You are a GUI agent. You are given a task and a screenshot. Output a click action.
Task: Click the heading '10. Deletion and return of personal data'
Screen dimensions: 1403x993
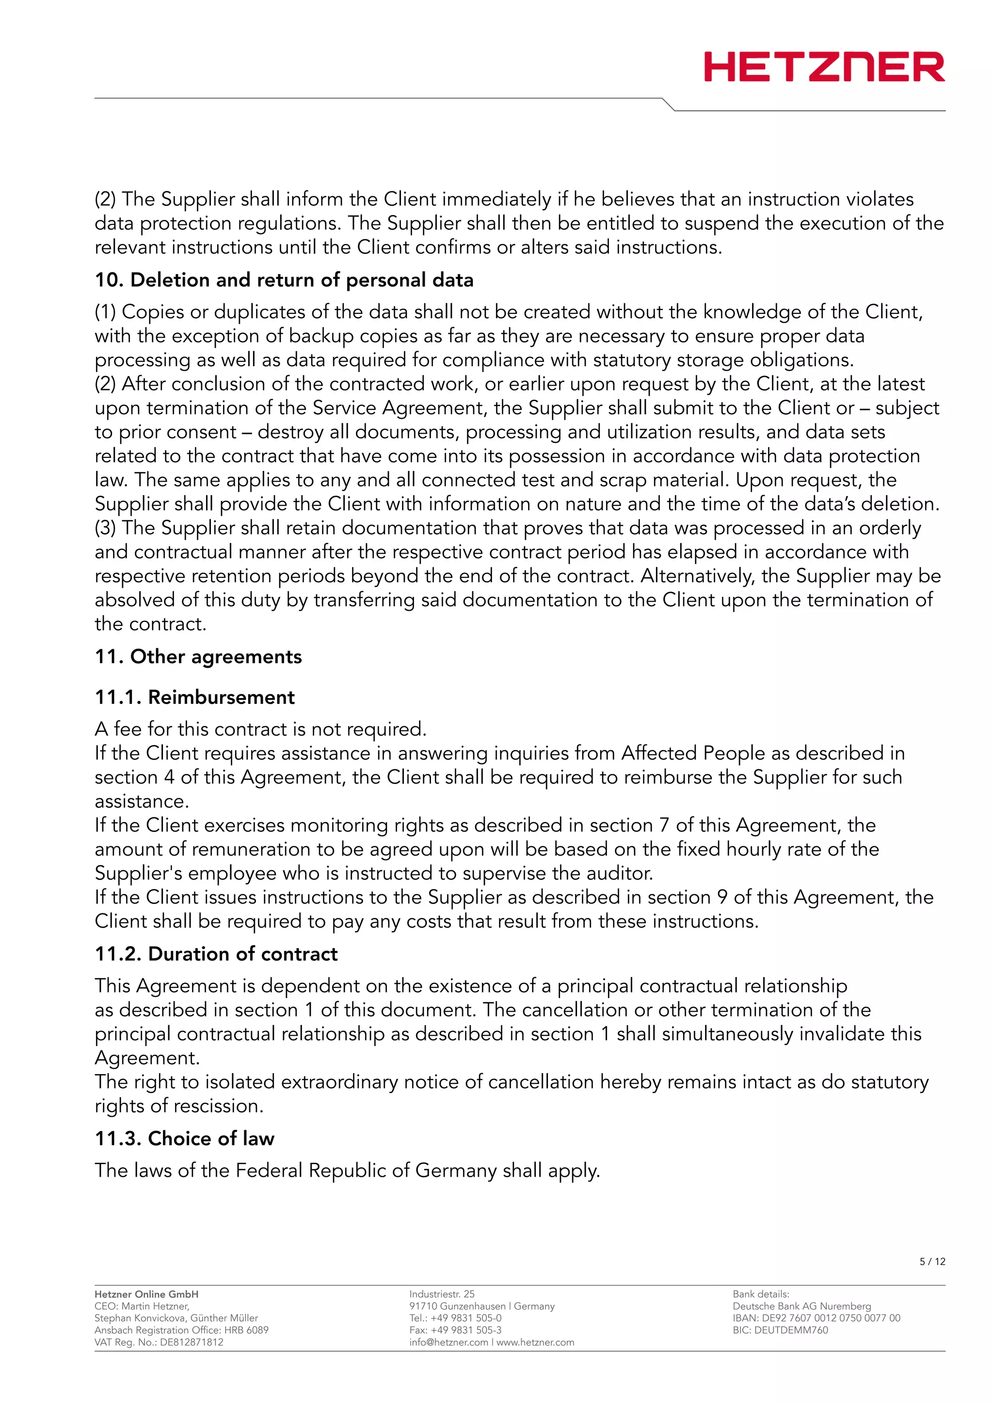click(x=284, y=280)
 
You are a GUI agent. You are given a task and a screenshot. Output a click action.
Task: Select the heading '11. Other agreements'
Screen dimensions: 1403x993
click(x=198, y=656)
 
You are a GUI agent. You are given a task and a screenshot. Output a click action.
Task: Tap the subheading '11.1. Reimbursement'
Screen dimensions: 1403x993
click(x=194, y=697)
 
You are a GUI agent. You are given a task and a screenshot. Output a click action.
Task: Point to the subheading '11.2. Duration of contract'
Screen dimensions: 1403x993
click(x=216, y=954)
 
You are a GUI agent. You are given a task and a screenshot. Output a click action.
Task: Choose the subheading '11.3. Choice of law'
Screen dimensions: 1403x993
click(x=184, y=1138)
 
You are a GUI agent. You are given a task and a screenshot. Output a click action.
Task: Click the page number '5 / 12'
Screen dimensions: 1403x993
click(x=932, y=1261)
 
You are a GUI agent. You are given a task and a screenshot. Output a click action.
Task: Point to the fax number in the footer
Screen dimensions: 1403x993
click(x=456, y=1330)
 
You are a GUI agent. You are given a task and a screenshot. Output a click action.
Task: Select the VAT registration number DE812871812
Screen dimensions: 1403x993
click(x=192, y=1342)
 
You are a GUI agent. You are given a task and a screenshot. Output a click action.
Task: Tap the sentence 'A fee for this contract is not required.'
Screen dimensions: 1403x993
click(x=260, y=729)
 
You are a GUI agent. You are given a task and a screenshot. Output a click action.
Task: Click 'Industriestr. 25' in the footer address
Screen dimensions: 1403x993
click(x=442, y=1294)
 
